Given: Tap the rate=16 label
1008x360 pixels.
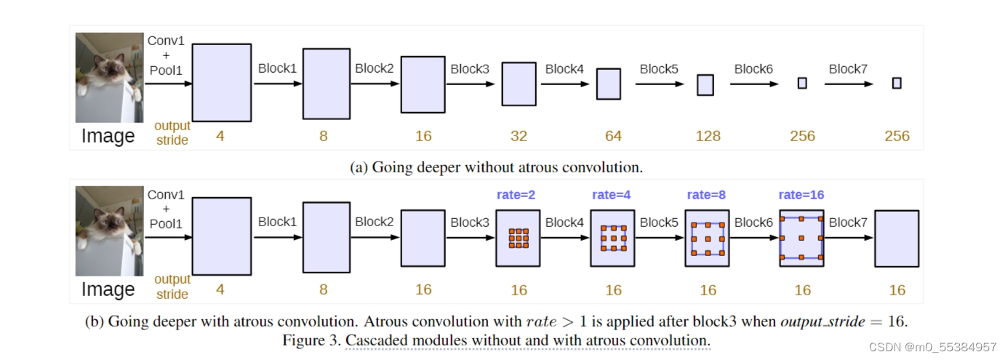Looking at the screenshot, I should tap(801, 195).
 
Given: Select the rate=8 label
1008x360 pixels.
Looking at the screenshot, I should tap(706, 195).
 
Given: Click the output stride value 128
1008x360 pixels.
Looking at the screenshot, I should tap(708, 136).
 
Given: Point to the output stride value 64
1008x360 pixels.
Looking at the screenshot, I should tap(613, 136).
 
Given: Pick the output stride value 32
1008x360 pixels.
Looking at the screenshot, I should tap(519, 136).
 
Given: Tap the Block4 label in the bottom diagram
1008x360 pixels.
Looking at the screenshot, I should tap(565, 223).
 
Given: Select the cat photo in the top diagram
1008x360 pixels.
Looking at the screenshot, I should tap(110, 78).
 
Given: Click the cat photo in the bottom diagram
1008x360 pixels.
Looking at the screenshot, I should tap(110, 231).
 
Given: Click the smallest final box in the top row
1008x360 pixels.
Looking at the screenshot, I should tap(897, 83).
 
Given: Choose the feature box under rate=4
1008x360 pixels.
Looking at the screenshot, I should tap(612, 239).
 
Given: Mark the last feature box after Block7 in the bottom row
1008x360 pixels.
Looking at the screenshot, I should tap(896, 239).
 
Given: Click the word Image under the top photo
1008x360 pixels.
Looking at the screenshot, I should tap(108, 136).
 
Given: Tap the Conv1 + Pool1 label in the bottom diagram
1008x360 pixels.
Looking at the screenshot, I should tap(166, 209).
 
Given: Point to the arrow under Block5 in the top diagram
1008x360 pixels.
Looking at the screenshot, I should tap(660, 84).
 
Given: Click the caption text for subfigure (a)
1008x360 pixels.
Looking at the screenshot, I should tap(497, 167).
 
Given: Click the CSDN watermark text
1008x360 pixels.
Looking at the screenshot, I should tap(943, 347).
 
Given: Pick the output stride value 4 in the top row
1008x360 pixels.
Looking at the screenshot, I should tap(220, 136).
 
